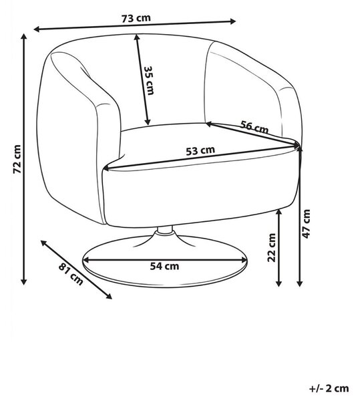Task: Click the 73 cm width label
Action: click(136, 19)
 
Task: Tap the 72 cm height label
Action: click(17, 159)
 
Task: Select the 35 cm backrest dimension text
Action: click(149, 81)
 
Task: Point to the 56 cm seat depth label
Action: click(254, 127)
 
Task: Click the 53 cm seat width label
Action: click(200, 150)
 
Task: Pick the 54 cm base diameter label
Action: click(164, 266)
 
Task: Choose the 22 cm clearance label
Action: click(272, 247)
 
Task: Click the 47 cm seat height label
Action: click(306, 224)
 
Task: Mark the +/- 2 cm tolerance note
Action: click(329, 388)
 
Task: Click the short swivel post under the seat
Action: click(165, 230)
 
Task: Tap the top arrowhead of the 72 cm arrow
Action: click(24, 36)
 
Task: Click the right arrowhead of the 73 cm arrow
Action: click(232, 21)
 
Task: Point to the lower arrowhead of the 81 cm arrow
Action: click(109, 296)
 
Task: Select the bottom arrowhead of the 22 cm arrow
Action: click(279, 283)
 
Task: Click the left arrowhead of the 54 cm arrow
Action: click(86, 260)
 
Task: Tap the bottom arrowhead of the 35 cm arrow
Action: click(148, 122)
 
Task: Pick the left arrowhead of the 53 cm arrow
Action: click(106, 168)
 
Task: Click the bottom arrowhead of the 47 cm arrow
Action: click(300, 283)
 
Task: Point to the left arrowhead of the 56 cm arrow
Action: click(208, 124)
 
